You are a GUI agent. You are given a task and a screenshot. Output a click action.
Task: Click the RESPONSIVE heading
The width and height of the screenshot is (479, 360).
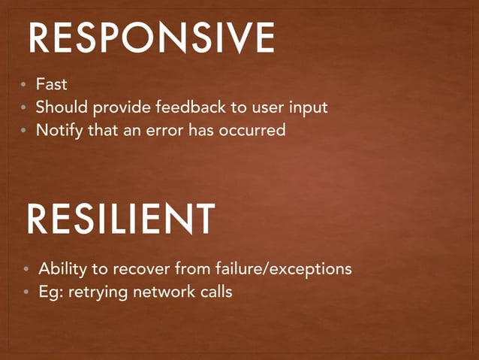tap(151, 38)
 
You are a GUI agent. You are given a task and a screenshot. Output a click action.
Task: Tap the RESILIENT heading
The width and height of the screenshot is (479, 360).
tap(121, 220)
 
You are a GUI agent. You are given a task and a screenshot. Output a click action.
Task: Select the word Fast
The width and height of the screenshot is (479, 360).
tap(52, 86)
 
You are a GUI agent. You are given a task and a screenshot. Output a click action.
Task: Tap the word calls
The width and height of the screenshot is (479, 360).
tap(215, 291)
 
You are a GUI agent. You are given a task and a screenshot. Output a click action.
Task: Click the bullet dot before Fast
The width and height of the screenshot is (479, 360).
tap(24, 86)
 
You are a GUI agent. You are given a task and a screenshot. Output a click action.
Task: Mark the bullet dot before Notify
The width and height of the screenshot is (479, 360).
tap(24, 131)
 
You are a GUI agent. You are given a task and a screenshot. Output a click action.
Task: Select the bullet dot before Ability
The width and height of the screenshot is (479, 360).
tap(26, 269)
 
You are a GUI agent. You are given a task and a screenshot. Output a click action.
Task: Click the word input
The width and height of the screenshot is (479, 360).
tap(309, 108)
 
